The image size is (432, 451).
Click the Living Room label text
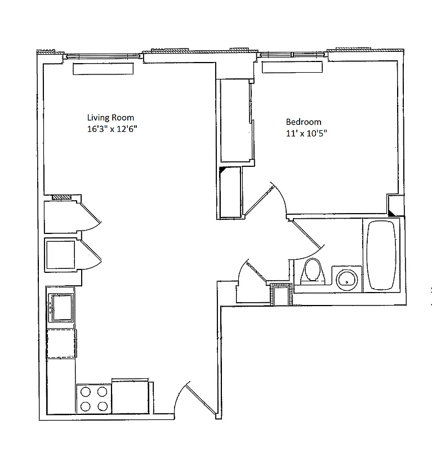(x=110, y=118)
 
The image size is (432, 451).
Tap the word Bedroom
(x=304, y=122)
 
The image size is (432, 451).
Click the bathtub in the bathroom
(x=382, y=256)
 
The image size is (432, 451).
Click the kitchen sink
(x=61, y=307)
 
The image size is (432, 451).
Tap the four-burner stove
(x=93, y=399)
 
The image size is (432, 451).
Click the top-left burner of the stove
(x=86, y=391)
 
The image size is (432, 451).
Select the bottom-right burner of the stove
(x=102, y=406)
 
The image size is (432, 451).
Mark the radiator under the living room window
(x=103, y=69)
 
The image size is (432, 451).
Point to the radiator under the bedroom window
(x=292, y=68)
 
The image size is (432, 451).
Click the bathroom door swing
(x=307, y=237)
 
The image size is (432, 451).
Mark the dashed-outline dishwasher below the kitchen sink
(x=61, y=343)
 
